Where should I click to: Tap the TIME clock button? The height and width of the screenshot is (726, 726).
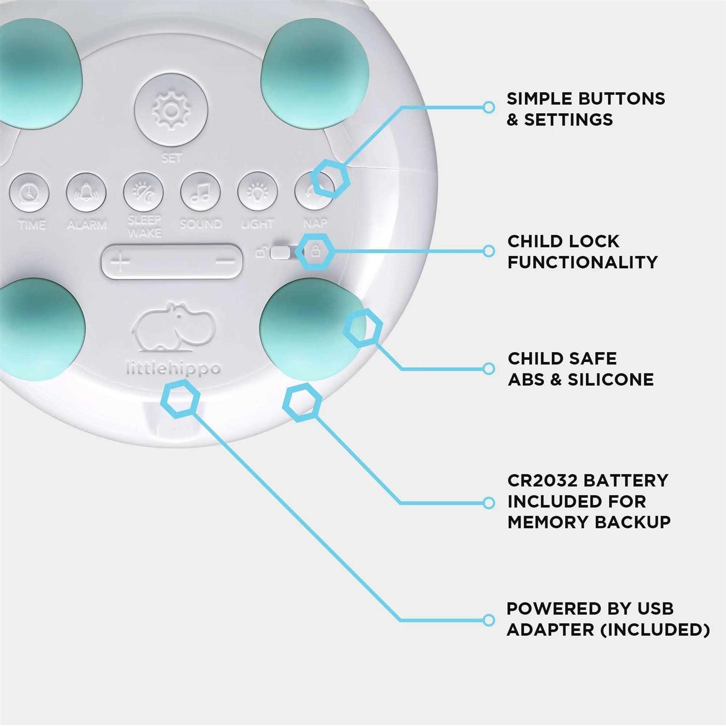pyautogui.click(x=29, y=193)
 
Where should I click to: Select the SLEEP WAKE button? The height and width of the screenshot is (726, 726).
pyautogui.click(x=143, y=192)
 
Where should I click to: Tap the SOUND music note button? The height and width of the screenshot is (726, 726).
pyautogui.click(x=200, y=192)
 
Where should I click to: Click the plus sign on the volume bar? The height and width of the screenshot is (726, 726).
pyautogui.click(x=120, y=262)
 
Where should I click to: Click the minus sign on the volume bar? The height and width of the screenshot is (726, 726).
pyautogui.click(x=225, y=261)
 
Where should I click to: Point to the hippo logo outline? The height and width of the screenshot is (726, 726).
pyautogui.click(x=173, y=328)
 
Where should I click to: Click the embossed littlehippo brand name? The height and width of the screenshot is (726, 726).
pyautogui.click(x=173, y=369)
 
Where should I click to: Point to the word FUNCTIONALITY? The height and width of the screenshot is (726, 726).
pyautogui.click(x=582, y=262)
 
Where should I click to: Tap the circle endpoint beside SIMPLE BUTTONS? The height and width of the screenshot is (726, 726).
pyautogui.click(x=489, y=107)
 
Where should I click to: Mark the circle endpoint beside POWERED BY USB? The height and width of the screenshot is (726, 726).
pyautogui.click(x=489, y=620)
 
